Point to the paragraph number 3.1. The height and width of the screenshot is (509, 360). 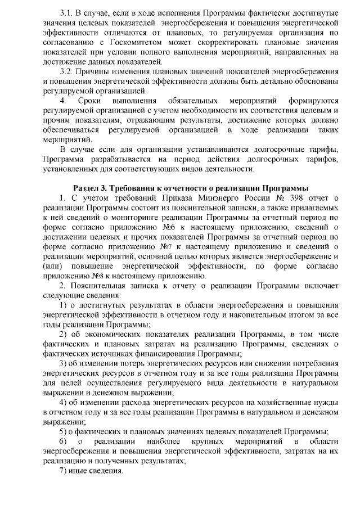point(67,12)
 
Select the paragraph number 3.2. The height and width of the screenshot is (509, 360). point(67,71)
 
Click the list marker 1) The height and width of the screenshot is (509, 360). point(64,305)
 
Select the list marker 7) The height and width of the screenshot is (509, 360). point(64,470)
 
